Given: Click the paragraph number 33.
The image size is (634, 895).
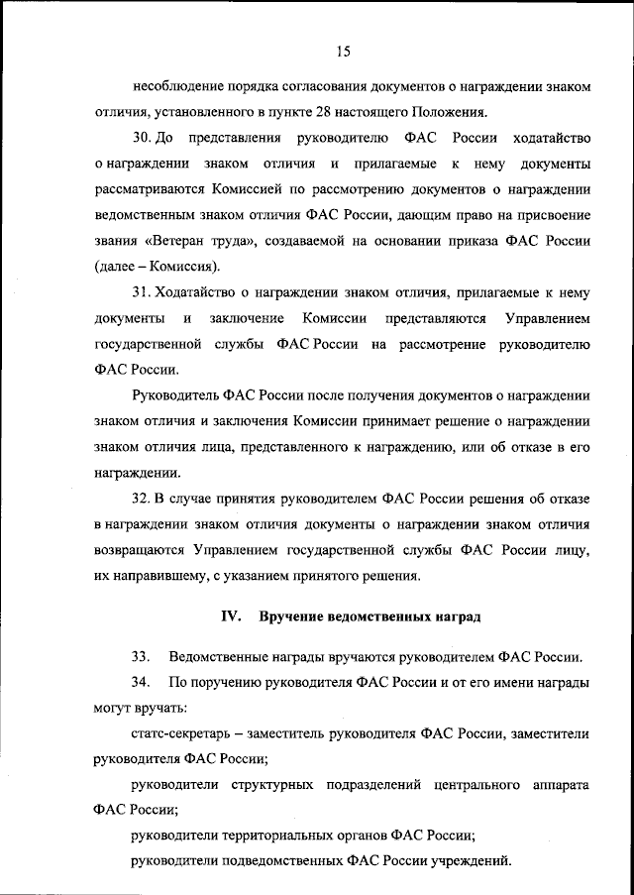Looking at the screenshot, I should [140, 657].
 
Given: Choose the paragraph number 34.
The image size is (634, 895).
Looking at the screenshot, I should [140, 683].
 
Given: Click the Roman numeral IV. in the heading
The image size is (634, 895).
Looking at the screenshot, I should [231, 616].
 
